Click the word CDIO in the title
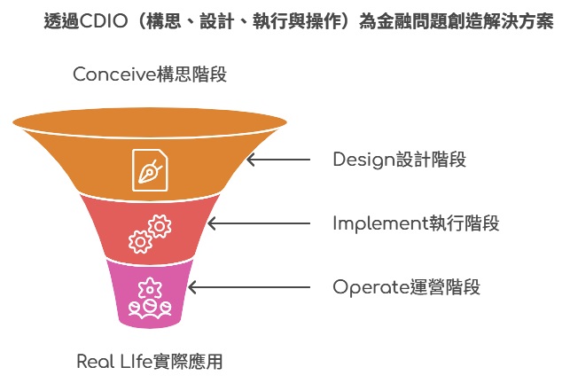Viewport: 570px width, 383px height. pyautogui.click(x=104, y=20)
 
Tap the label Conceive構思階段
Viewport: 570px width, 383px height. pyautogui.click(x=150, y=74)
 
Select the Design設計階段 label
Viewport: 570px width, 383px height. pyautogui.click(x=399, y=160)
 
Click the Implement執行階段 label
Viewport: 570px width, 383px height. pyautogui.click(x=416, y=223)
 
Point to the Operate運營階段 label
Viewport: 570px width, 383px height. pyautogui.click(x=406, y=287)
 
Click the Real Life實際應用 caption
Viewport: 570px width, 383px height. pyautogui.click(x=150, y=362)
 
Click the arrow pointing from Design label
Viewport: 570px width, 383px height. pyautogui.click(x=278, y=160)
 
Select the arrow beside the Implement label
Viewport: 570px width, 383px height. pyautogui.click(x=259, y=223)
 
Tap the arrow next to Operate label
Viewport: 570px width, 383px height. pyautogui.click(x=249, y=287)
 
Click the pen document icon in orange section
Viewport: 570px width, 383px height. pyautogui.click(x=150, y=170)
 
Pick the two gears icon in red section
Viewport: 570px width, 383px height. pyautogui.click(x=150, y=234)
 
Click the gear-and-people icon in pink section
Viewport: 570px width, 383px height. pyautogui.click(x=150, y=298)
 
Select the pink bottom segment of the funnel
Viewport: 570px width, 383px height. pyautogui.click(x=150, y=293)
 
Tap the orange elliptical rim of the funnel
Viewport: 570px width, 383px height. pyautogui.click(x=150, y=123)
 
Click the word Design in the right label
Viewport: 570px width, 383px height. pyautogui.click(x=363, y=160)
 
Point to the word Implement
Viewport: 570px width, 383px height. pyautogui.click(x=380, y=223)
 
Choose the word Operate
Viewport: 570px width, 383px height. pyautogui.click(x=371, y=287)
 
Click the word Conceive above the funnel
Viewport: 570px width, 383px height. pyautogui.click(x=115, y=74)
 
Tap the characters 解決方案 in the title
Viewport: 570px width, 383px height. pyautogui.click(x=519, y=20)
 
